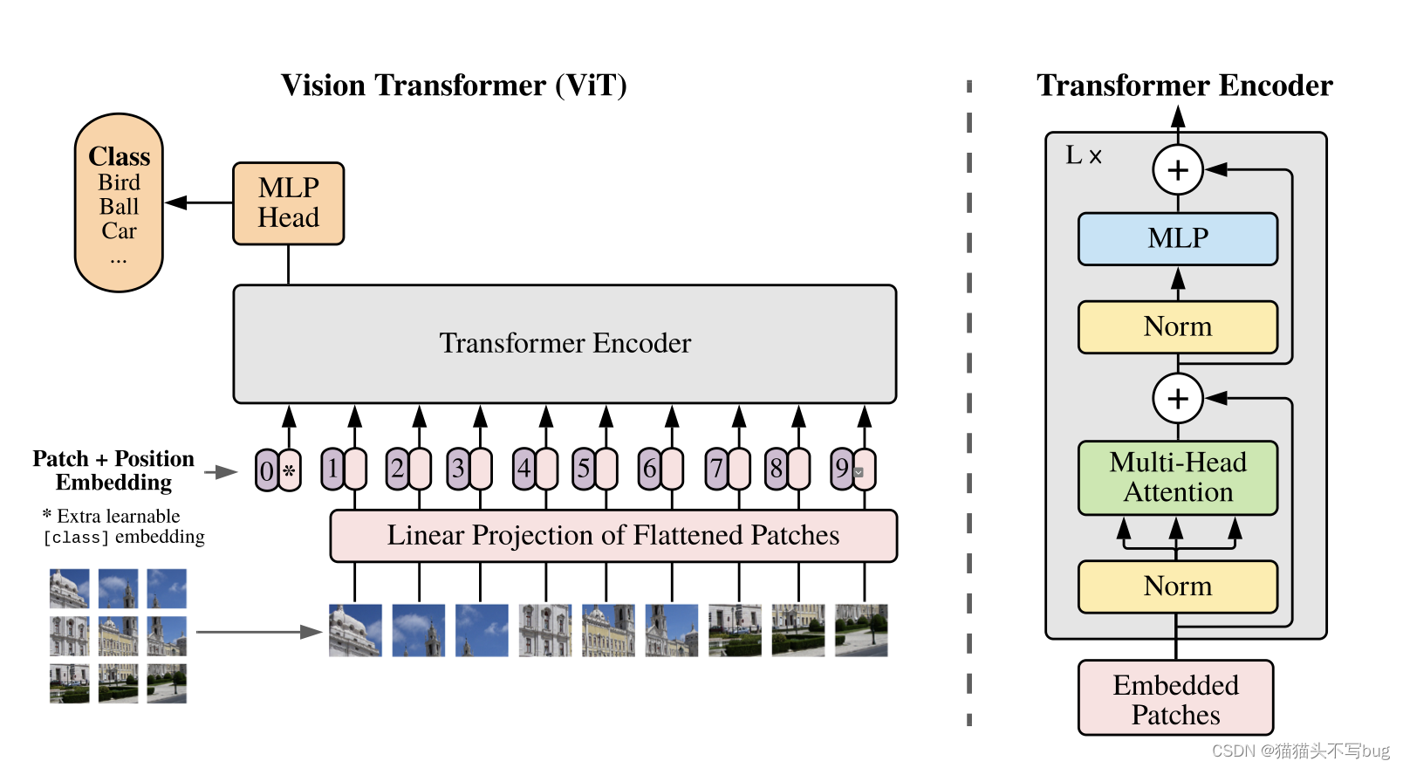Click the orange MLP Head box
(288, 203)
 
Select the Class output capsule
(119, 202)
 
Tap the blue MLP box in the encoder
(1177, 238)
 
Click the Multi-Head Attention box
(1177, 477)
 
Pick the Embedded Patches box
(1175, 698)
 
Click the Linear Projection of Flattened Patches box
(613, 535)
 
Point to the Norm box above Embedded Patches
(1177, 586)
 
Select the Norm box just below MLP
(1177, 326)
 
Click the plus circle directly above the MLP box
(1178, 169)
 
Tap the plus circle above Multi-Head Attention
(1178, 398)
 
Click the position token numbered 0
(267, 470)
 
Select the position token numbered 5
(584, 469)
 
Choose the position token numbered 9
(841, 469)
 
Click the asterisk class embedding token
(290, 470)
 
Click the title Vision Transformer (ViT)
(454, 86)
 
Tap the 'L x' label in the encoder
(1084, 155)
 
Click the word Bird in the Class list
(119, 182)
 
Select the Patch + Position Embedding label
(113, 470)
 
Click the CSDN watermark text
(1300, 751)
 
